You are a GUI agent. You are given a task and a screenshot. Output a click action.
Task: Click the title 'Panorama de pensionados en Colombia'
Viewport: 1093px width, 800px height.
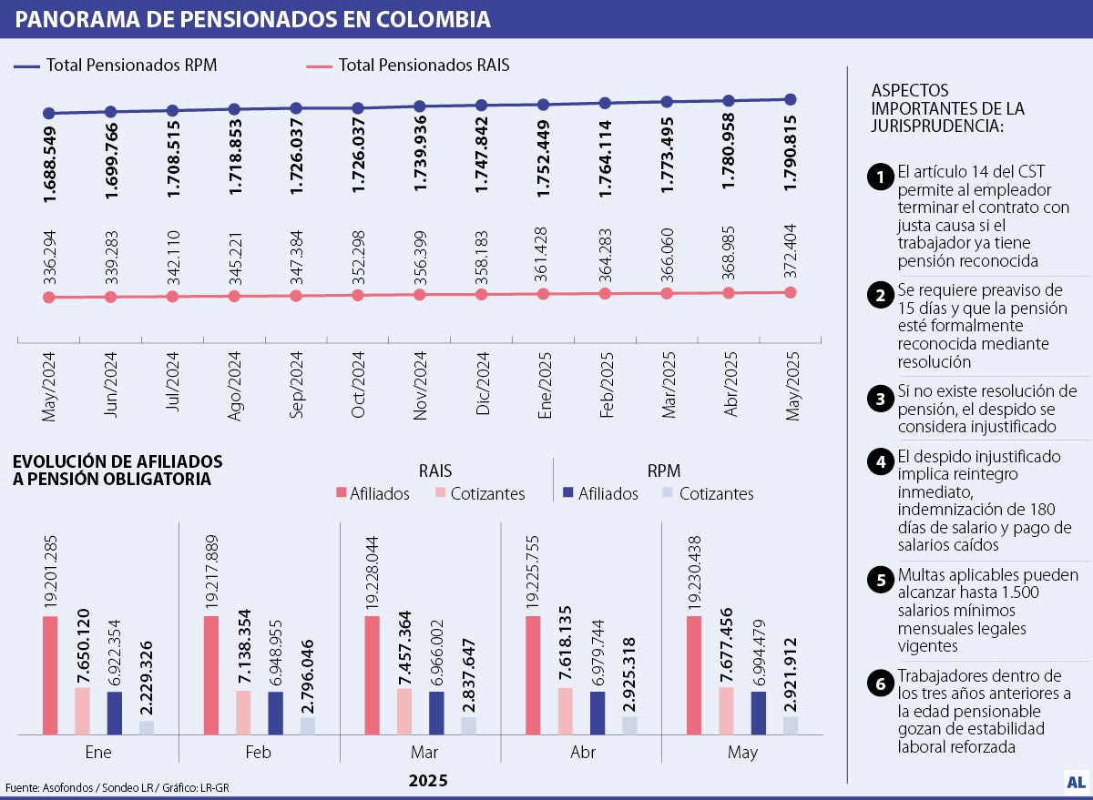click(252, 19)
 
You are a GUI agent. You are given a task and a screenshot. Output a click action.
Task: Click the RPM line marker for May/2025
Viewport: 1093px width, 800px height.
click(791, 99)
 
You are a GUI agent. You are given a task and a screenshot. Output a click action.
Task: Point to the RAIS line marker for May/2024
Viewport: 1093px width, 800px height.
click(49, 298)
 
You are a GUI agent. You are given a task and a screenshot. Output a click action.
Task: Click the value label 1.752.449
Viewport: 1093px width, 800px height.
click(544, 159)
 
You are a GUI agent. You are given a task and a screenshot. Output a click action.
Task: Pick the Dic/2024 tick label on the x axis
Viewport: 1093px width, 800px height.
click(482, 384)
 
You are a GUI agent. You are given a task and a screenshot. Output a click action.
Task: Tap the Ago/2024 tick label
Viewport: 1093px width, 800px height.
click(234, 384)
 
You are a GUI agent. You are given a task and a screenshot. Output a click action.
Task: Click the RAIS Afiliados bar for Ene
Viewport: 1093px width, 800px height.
click(50, 674)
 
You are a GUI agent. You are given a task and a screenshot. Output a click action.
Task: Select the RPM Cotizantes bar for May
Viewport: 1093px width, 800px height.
click(791, 724)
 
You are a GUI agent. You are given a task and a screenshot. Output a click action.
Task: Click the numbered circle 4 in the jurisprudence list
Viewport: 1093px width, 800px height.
click(879, 461)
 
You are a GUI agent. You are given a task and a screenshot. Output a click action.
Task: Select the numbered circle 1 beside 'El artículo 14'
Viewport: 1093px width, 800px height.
click(879, 177)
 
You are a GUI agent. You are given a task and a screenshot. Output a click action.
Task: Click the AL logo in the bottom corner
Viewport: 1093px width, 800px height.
click(1076, 781)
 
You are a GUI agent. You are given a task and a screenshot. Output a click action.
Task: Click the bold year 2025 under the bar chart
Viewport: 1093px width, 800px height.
click(428, 781)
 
